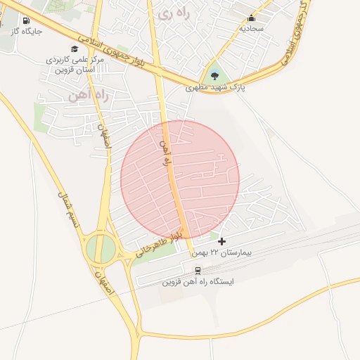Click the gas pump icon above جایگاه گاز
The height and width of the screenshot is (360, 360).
[26, 21]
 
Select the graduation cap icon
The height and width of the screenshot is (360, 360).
[75, 49]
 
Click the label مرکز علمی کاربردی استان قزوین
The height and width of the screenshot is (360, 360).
[75, 66]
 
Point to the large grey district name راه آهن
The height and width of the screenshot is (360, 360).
[89, 96]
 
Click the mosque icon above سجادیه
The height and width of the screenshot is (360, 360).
[252, 18]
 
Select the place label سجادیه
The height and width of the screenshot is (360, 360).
[252, 29]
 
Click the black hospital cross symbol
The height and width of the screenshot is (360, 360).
[222, 241]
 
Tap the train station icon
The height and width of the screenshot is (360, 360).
[198, 270]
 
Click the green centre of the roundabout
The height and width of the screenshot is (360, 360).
[101, 249]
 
